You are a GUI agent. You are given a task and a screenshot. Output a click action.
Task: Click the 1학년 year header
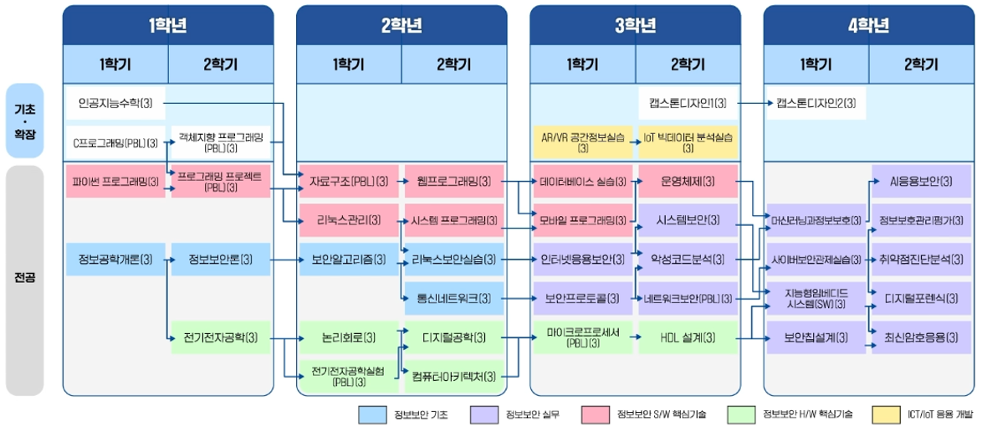(x=168, y=25)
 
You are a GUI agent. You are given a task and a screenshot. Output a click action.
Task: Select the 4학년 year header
(x=868, y=25)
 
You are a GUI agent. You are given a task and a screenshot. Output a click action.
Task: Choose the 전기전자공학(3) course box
(x=221, y=338)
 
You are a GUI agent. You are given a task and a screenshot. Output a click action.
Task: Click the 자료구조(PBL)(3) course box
(x=349, y=182)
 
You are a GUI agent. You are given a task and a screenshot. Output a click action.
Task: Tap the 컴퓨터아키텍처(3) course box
(x=454, y=377)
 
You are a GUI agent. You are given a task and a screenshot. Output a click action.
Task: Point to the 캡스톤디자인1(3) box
(x=688, y=103)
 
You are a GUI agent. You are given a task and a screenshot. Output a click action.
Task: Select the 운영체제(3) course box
(x=688, y=182)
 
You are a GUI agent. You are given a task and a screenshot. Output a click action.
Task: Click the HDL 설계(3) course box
(x=688, y=338)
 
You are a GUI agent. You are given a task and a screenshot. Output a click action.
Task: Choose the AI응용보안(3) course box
(x=921, y=182)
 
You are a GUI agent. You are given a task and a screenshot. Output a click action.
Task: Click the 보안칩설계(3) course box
(x=816, y=338)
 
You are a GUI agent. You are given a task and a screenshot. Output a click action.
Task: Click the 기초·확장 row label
(x=24, y=121)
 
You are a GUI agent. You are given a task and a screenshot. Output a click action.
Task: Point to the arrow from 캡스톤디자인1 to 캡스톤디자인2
(x=753, y=103)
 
